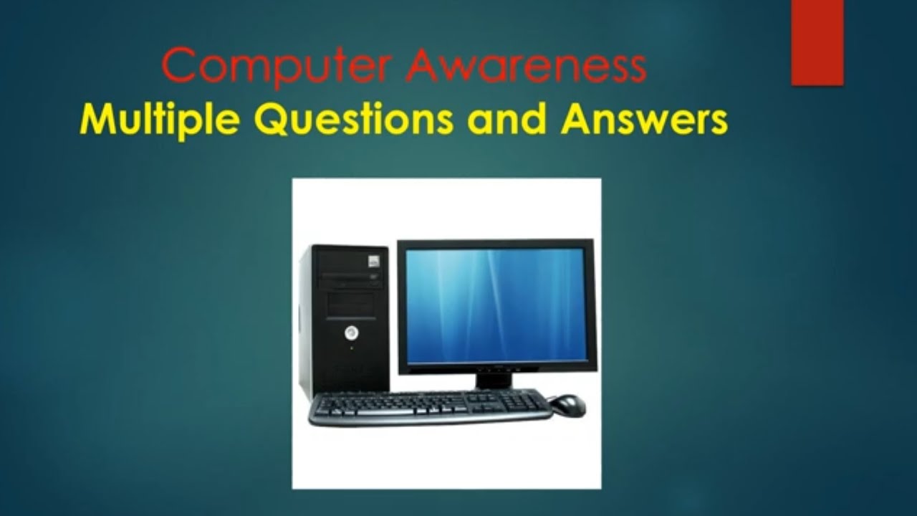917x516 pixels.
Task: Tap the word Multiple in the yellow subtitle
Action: [159, 120]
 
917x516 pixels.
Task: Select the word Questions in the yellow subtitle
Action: [354, 120]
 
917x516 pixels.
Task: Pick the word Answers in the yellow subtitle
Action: [644, 120]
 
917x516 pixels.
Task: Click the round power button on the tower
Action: [351, 333]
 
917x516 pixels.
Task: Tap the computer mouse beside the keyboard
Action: [567, 405]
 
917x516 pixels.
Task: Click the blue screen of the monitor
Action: [496, 305]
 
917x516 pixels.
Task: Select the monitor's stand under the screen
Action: [494, 380]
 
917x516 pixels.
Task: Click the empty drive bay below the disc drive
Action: [350, 303]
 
